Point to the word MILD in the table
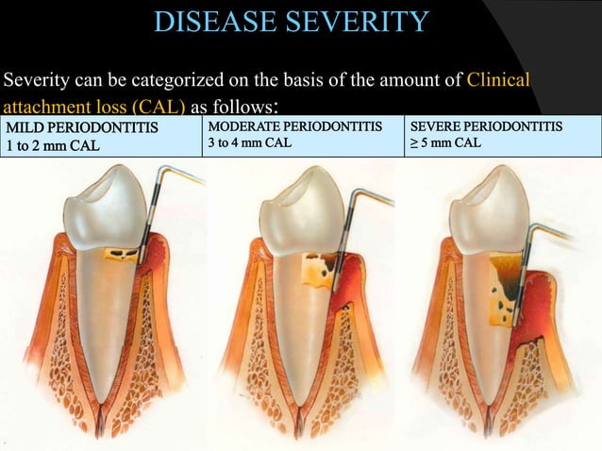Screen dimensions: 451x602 [x=25, y=127]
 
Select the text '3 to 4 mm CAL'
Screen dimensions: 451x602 [x=249, y=142]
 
